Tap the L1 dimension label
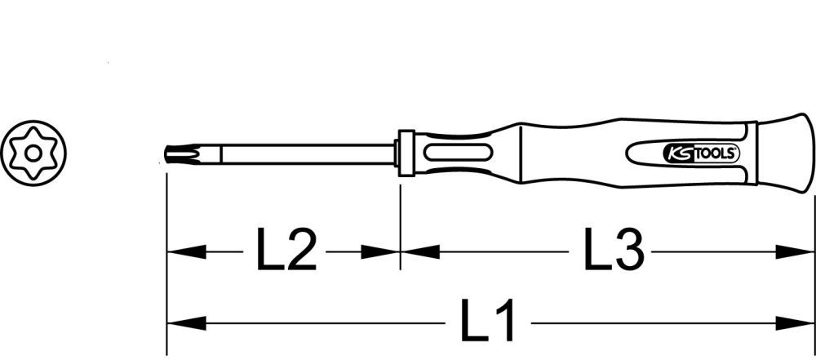(x=489, y=322)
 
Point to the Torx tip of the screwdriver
(x=176, y=153)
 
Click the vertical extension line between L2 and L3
(x=401, y=220)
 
